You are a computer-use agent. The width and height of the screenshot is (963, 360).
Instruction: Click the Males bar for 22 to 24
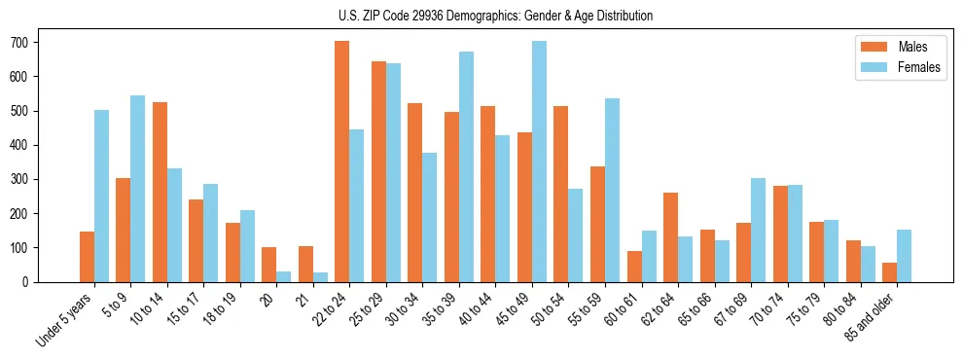click(341, 162)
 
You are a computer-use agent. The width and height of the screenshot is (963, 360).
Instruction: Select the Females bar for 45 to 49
click(539, 162)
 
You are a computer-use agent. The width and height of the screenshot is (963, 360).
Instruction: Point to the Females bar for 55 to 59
click(612, 190)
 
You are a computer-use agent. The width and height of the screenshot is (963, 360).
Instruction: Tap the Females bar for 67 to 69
click(758, 230)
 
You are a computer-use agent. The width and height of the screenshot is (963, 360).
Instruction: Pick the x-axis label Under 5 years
click(66, 318)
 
